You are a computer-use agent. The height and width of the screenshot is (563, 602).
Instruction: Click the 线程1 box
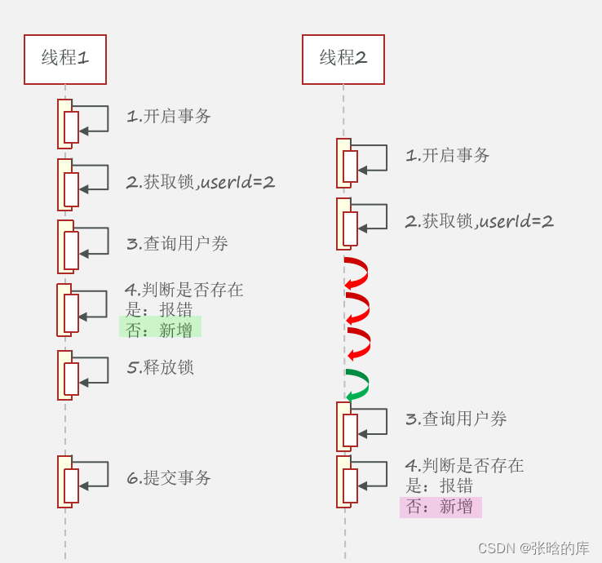tap(65, 60)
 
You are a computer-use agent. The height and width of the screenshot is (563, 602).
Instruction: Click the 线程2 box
tap(343, 60)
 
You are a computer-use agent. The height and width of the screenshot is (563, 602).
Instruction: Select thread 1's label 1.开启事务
tap(169, 117)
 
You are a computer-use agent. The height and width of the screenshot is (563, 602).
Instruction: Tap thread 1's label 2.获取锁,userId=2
tap(201, 183)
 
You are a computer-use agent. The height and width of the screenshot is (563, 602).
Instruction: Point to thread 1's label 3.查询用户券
tap(177, 244)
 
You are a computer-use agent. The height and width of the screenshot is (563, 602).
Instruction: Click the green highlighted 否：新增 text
tap(160, 330)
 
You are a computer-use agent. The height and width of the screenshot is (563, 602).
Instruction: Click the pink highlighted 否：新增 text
tap(440, 507)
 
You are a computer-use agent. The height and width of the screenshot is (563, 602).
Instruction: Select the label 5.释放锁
tap(161, 367)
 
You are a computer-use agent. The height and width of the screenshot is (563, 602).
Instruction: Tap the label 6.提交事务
tap(169, 478)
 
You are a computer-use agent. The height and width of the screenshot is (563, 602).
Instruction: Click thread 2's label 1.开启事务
tap(448, 156)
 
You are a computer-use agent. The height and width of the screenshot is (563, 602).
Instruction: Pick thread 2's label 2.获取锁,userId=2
tap(480, 221)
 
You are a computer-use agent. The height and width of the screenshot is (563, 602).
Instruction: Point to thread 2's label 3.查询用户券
tap(456, 419)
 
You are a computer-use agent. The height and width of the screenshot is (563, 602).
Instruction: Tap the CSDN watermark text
tap(533, 548)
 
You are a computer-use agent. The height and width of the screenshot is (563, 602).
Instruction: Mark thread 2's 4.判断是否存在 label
tap(464, 466)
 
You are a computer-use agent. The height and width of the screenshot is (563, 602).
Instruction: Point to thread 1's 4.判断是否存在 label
tap(184, 290)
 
